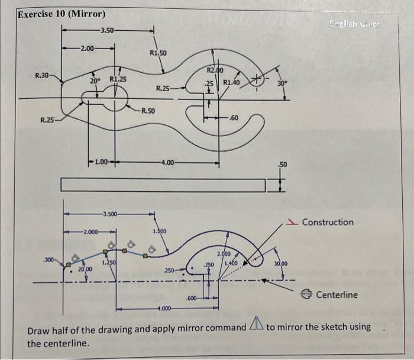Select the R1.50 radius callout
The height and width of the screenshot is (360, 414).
(x=158, y=53)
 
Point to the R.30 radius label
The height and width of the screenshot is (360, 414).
(x=43, y=75)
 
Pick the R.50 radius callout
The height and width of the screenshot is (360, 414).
(x=148, y=111)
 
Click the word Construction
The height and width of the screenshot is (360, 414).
(x=328, y=223)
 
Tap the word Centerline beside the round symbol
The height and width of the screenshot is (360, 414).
(x=337, y=294)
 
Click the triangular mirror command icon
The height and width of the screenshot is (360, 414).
(x=255, y=324)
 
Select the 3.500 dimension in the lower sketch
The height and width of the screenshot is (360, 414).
(x=109, y=213)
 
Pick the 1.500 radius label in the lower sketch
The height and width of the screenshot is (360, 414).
(x=160, y=231)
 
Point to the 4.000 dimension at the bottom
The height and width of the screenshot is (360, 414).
(x=164, y=308)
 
